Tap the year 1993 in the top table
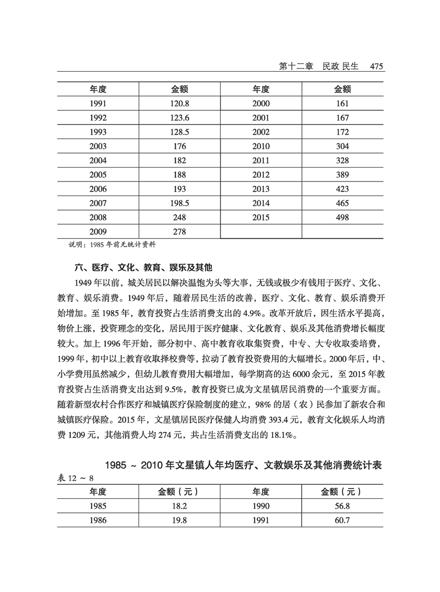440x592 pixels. (x=98, y=132)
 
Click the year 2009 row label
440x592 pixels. (x=98, y=232)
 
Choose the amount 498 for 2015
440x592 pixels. (x=342, y=218)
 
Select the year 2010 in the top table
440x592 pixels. (x=261, y=147)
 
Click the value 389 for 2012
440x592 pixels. (x=342, y=175)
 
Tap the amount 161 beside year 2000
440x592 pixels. (x=342, y=103)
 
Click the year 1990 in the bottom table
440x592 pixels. (x=261, y=506)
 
